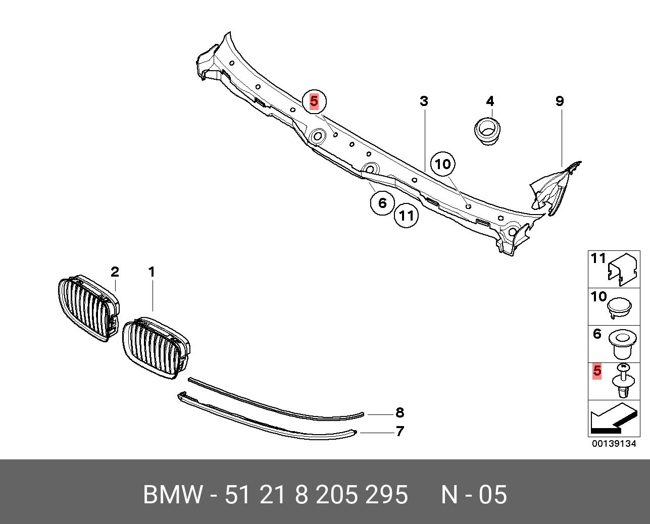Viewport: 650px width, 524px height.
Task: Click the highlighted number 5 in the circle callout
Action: [x=314, y=101]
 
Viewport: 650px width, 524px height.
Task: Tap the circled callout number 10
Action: [x=442, y=164]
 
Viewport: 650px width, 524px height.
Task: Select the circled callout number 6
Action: [x=382, y=203]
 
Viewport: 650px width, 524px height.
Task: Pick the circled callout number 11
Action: [x=407, y=216]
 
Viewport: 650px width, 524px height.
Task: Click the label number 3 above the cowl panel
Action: [x=424, y=101]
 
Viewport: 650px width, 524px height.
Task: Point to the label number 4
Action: [x=490, y=101]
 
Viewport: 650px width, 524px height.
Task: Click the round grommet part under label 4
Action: [x=488, y=131]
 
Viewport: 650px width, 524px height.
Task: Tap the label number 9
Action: [x=560, y=101]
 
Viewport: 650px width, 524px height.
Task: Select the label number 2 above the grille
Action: [x=115, y=272]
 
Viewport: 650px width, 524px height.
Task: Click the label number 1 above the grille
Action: [x=152, y=272]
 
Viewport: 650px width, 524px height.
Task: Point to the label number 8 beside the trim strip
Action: [x=399, y=413]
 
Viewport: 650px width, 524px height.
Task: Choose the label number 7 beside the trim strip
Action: [x=399, y=432]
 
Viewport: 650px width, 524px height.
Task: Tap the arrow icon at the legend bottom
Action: [x=611, y=419]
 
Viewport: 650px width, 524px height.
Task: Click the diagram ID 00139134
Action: [x=614, y=444]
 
